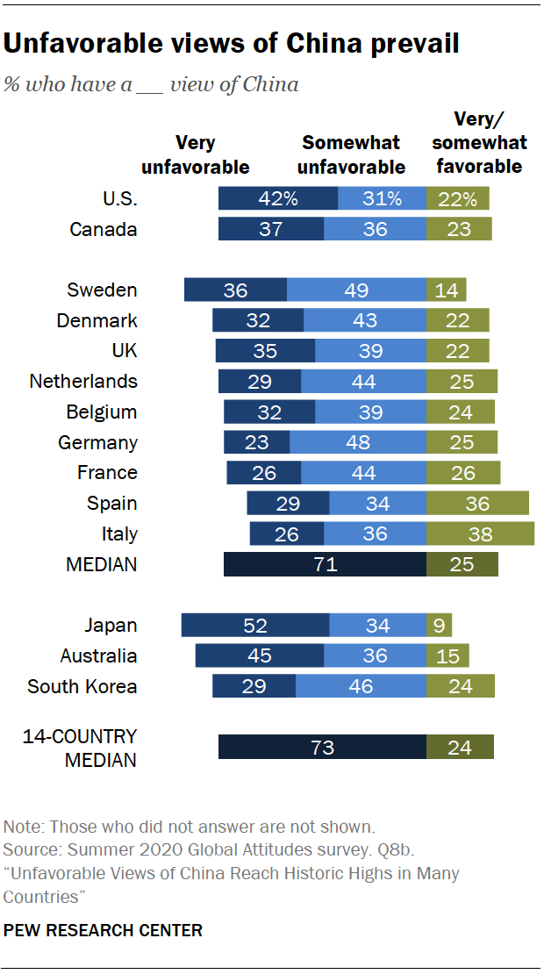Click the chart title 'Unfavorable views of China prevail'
point(232,44)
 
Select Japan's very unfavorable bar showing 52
point(255,626)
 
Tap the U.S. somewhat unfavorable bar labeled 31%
point(382,198)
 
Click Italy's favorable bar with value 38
point(480,534)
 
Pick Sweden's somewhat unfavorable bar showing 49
point(356,290)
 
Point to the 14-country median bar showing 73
point(322,748)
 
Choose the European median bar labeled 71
point(325,564)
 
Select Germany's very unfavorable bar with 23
point(257,442)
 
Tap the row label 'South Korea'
point(82,686)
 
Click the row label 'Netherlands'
point(83,382)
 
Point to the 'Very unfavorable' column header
point(196,154)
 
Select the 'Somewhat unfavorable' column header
point(351,154)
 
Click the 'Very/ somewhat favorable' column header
point(479,142)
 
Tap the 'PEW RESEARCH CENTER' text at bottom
point(103,929)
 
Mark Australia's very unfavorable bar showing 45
point(260,656)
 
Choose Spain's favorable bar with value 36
point(477,504)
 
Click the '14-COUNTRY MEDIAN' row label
point(80,748)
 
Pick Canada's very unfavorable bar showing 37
point(271,229)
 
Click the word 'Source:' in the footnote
point(30,850)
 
